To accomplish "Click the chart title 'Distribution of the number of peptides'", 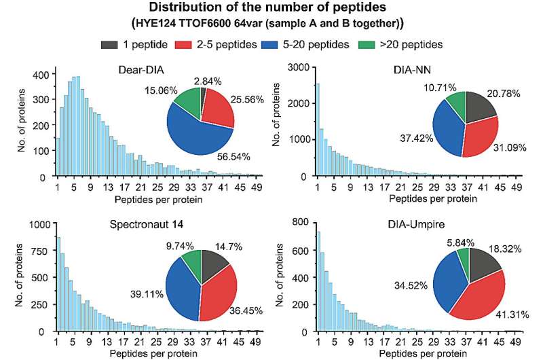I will point(271,8).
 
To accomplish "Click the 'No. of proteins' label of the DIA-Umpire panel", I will point(285,278).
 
